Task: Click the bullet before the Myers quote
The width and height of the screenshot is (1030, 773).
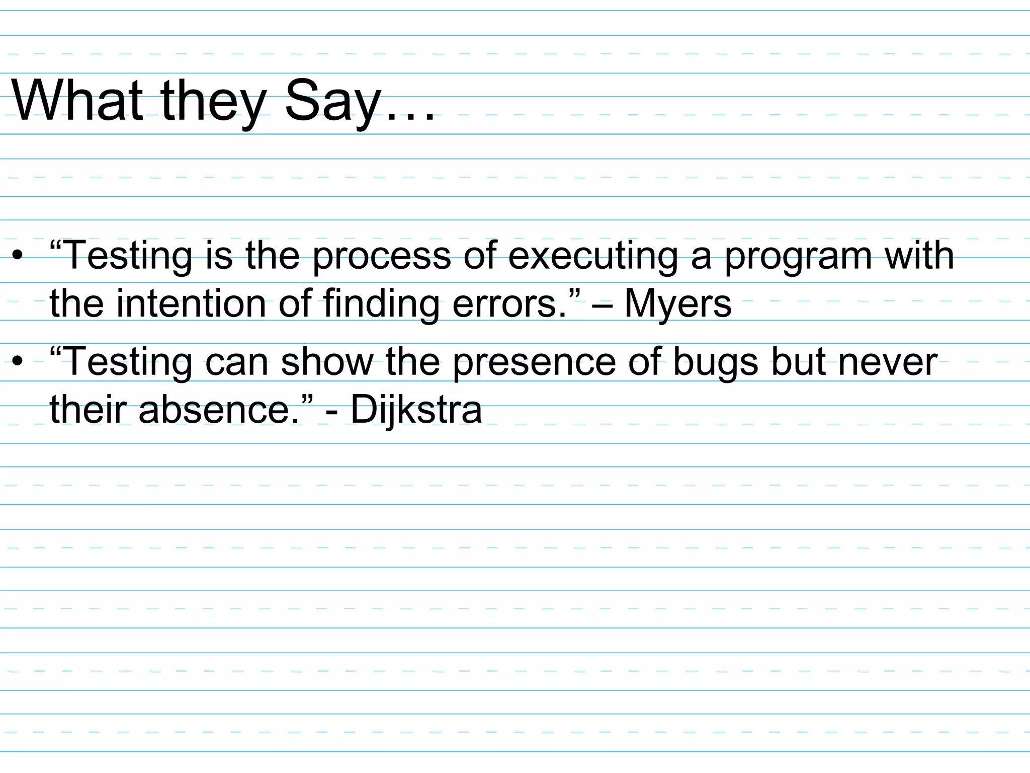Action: click(x=18, y=255)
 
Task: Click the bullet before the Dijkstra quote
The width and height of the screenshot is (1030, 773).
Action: click(x=18, y=361)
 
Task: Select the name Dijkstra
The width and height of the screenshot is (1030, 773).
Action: click(x=416, y=410)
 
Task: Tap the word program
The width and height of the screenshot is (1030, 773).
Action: click(x=798, y=257)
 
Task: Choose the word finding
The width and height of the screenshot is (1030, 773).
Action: click(x=381, y=304)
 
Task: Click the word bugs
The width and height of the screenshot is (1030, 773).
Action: click(x=715, y=362)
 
